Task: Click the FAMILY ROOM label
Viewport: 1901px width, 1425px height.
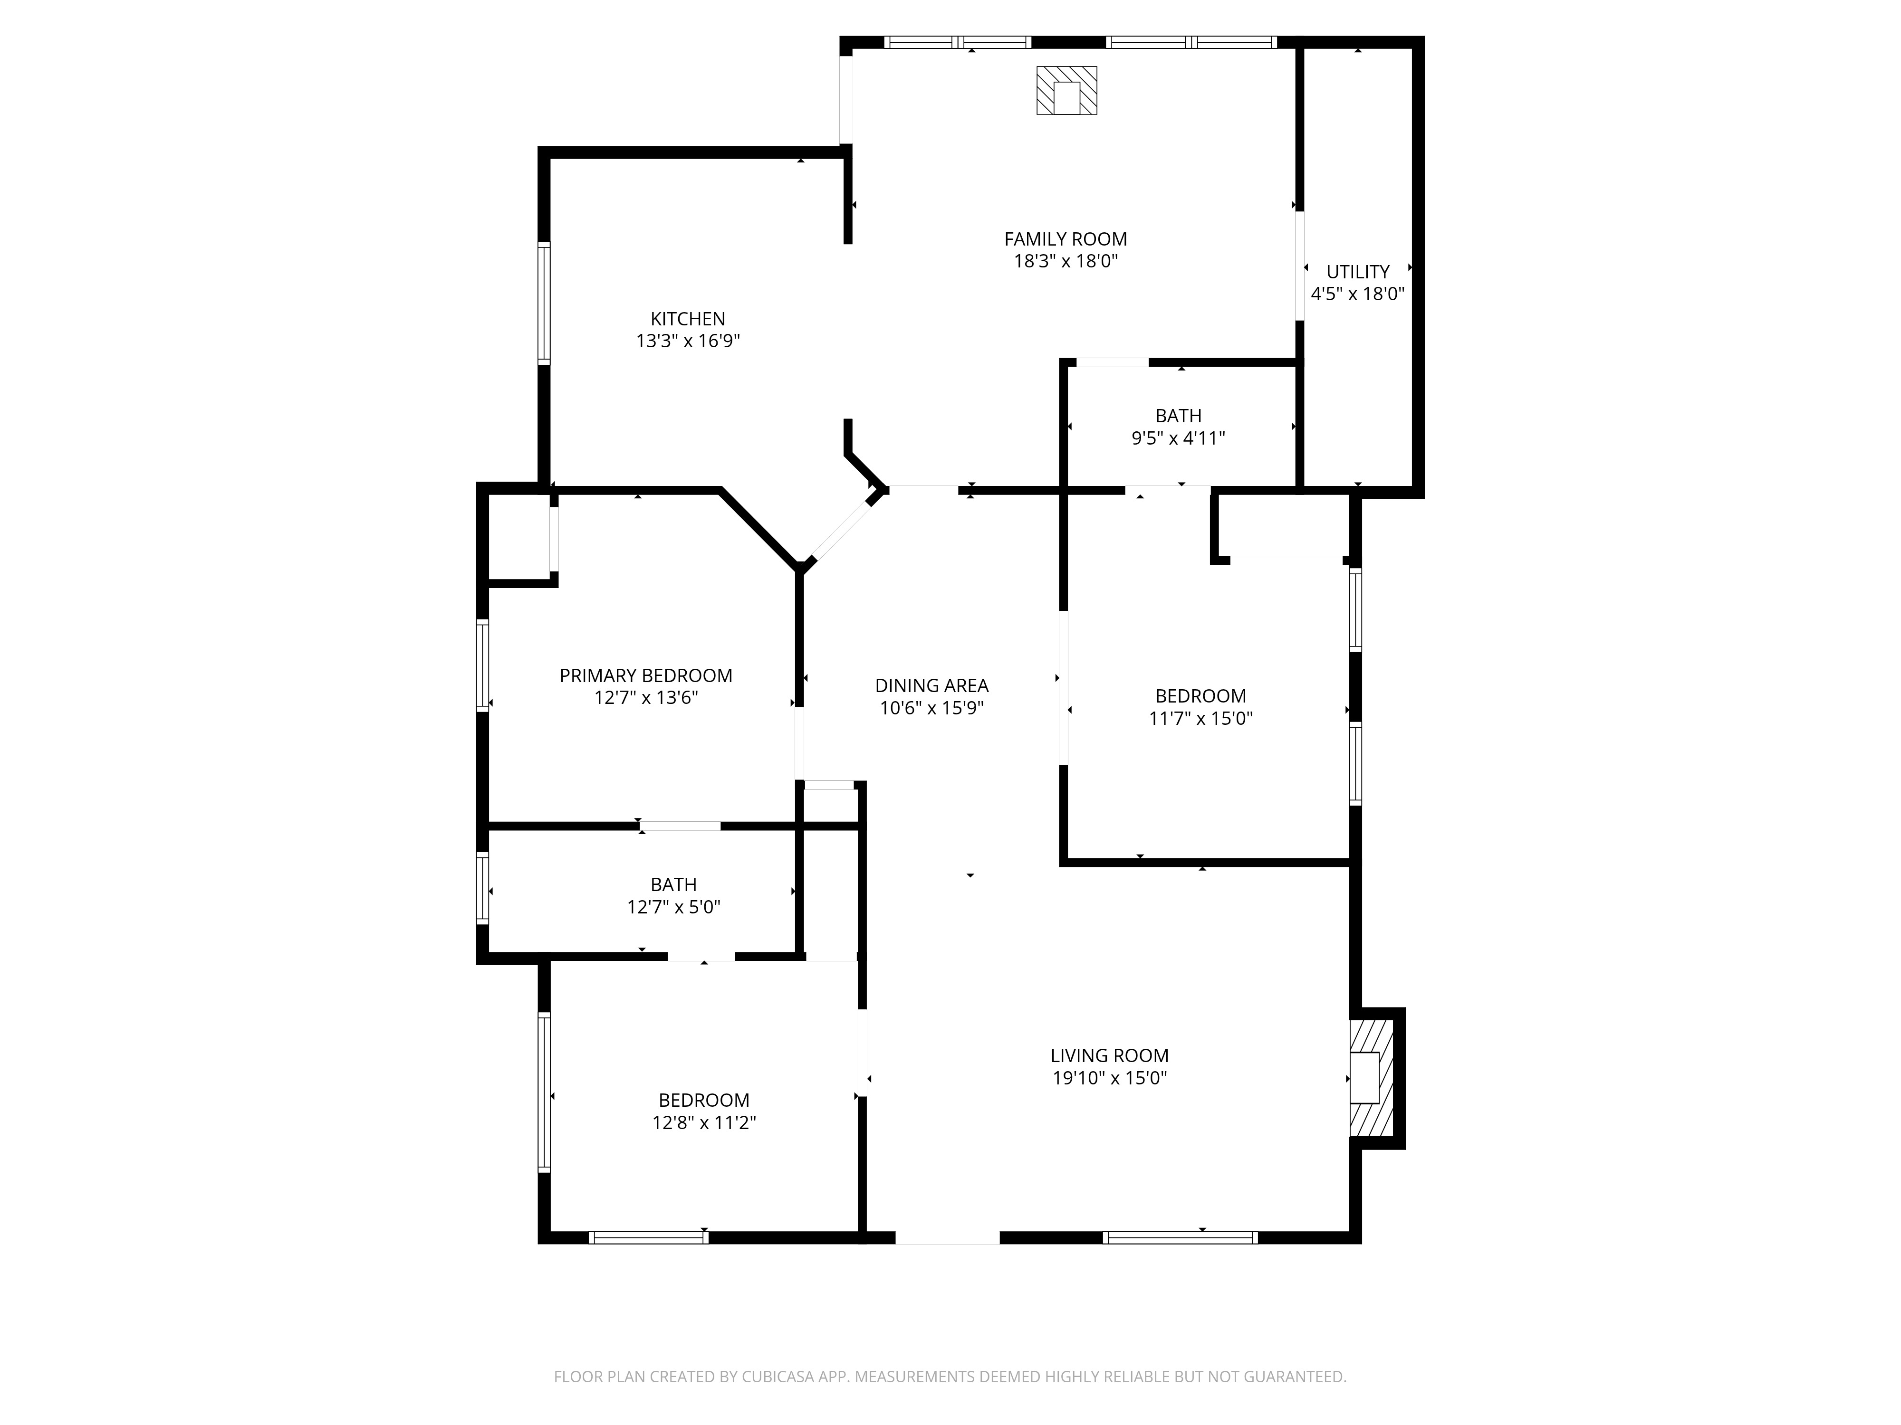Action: coord(1065,239)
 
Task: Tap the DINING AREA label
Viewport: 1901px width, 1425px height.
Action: coord(931,685)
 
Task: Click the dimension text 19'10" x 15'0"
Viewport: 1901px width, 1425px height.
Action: coord(1110,1078)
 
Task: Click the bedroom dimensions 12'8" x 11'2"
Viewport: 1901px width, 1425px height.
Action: coord(704,1122)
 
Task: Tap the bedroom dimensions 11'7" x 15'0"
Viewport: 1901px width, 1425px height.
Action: coord(1200,718)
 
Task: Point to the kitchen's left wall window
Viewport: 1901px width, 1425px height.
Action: coord(544,303)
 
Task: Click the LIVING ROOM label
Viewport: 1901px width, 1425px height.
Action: coord(1110,1055)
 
